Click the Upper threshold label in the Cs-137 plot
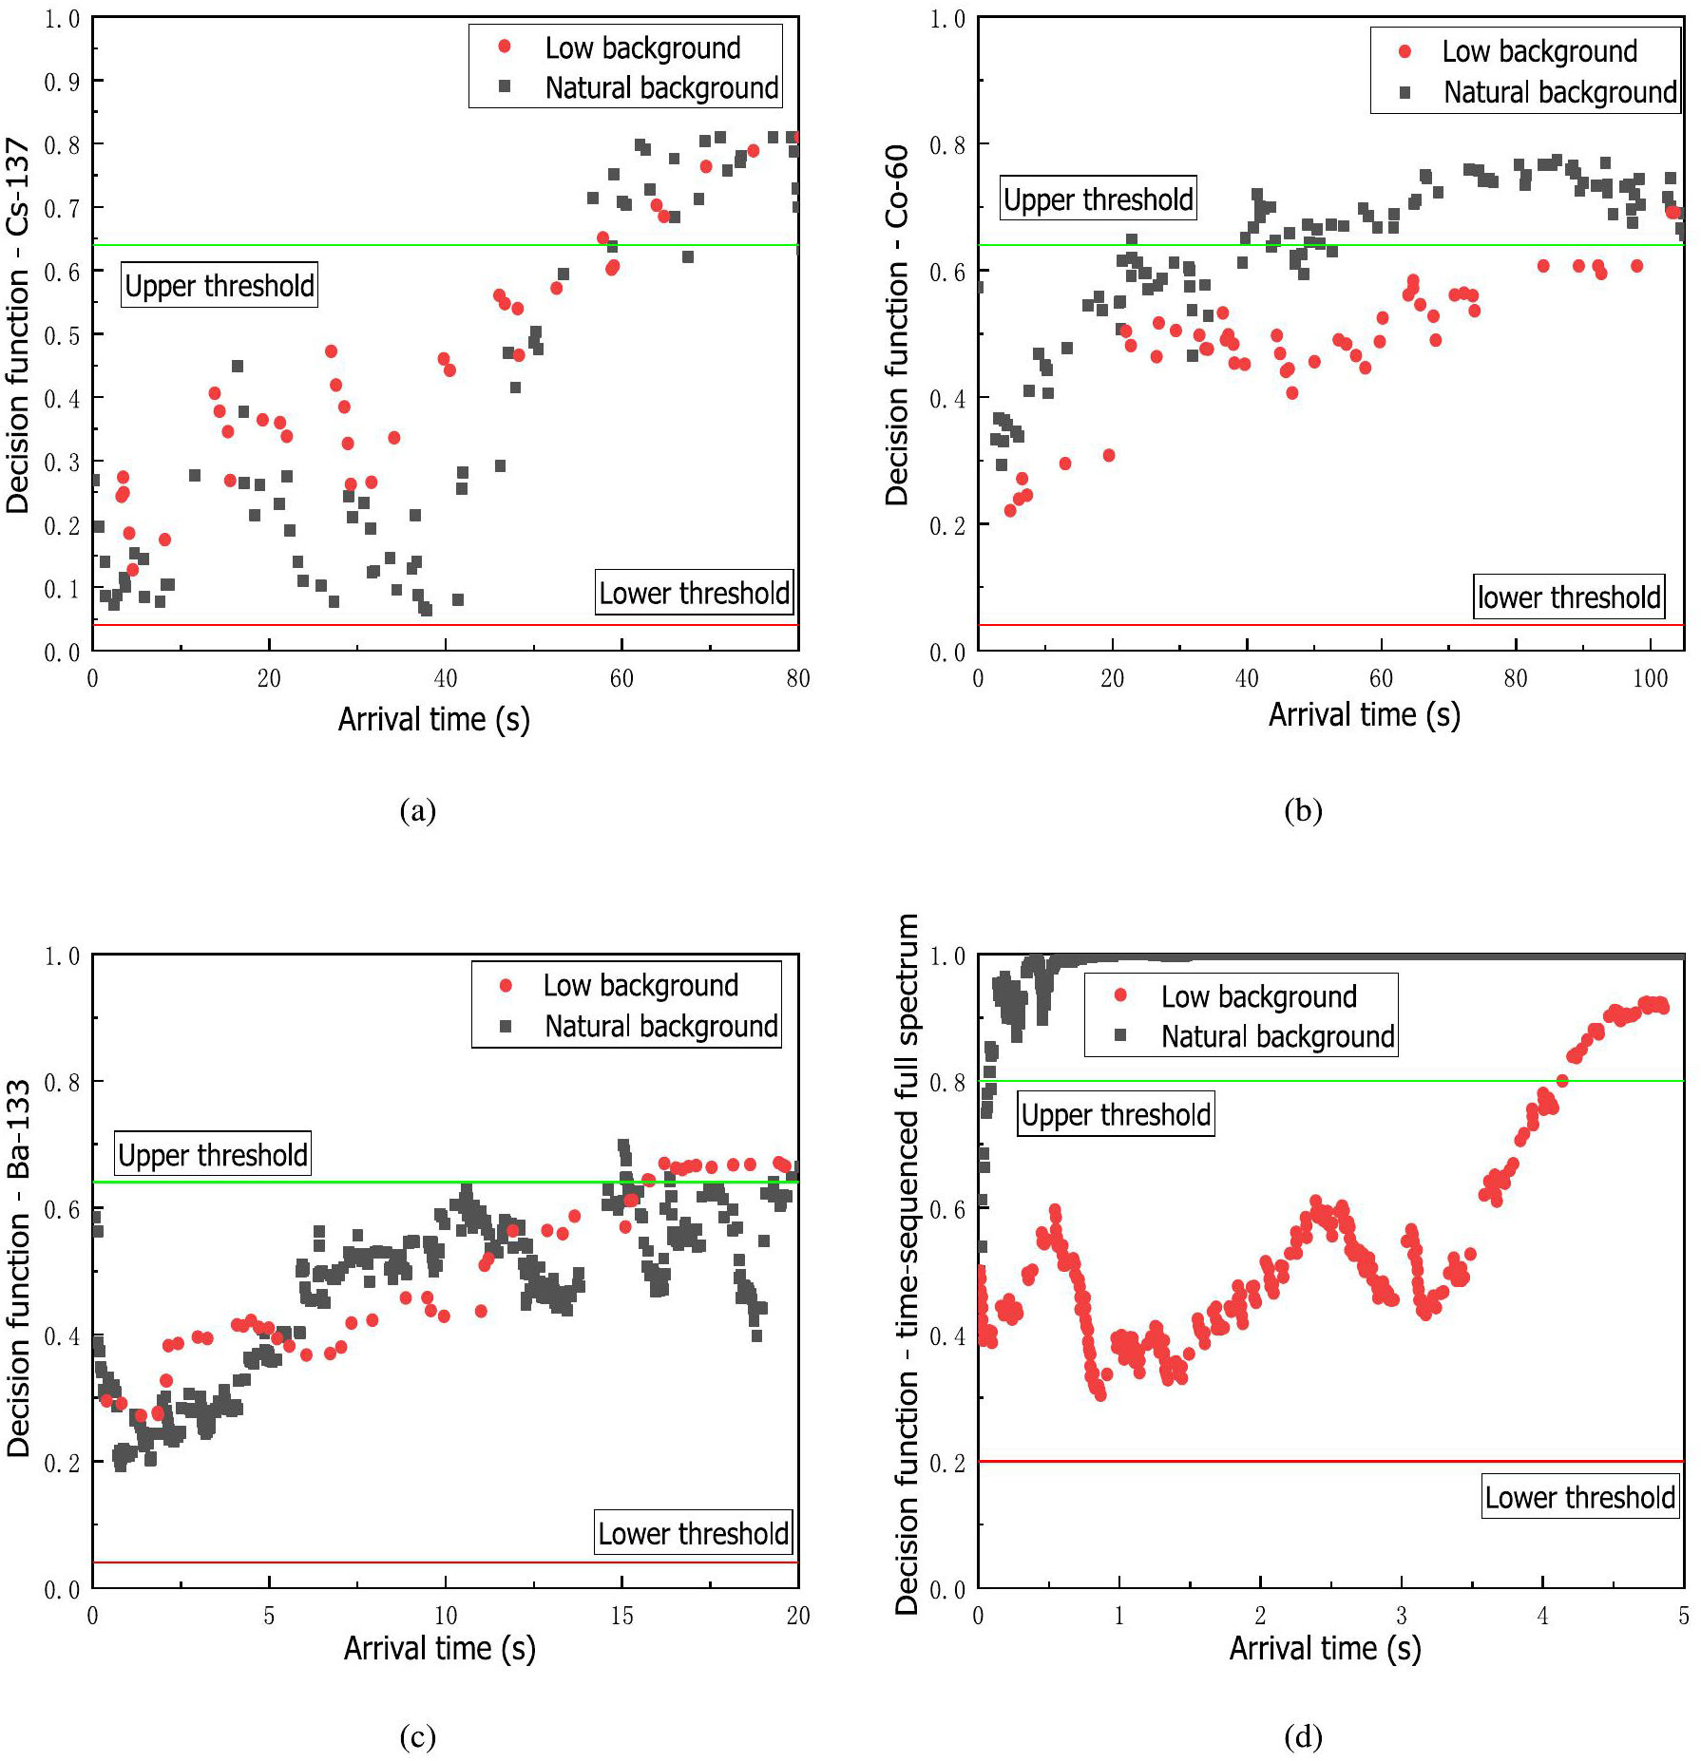[220, 285]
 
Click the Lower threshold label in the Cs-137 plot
[694, 593]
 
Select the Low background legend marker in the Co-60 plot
[1405, 51]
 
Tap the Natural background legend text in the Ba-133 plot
[661, 1026]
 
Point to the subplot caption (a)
[418, 810]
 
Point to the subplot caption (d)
[1303, 1736]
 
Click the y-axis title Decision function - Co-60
[897, 325]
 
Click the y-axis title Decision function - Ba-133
[19, 1268]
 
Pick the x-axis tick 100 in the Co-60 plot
[1650, 678]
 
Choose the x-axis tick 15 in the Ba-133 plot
[621, 1616]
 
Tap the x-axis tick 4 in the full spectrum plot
[1542, 1616]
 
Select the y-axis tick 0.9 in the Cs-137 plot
[62, 82]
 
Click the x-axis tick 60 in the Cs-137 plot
[621, 678]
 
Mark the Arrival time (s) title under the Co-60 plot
[1364, 714]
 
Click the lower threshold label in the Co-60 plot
[1569, 596]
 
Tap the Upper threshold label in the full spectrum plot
[1116, 1114]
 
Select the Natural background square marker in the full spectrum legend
[1120, 1035]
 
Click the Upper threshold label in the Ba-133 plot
[213, 1154]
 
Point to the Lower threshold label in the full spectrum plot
[1579, 1497]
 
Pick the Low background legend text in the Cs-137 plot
[642, 47]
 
